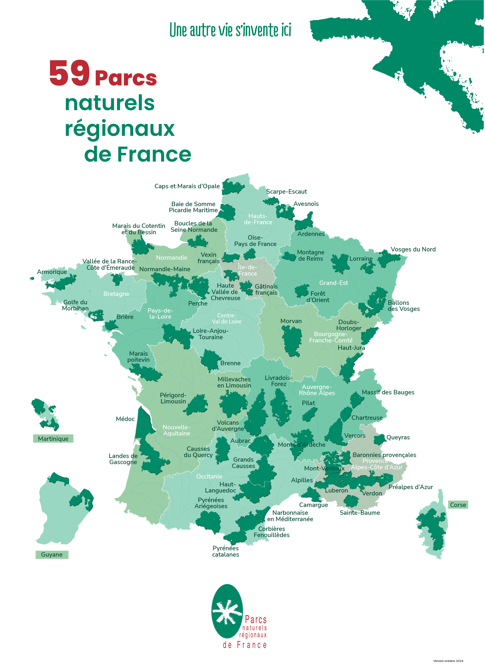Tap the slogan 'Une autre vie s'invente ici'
coord(230,30)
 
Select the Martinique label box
coord(53,439)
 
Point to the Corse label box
coord(458,504)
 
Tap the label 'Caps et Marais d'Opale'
coord(187,186)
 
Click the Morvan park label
coord(291,321)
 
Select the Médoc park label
coord(125,419)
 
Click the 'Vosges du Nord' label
coord(413,249)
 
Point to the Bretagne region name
coord(116,294)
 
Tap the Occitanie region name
coord(209,476)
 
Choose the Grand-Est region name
coord(333,283)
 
